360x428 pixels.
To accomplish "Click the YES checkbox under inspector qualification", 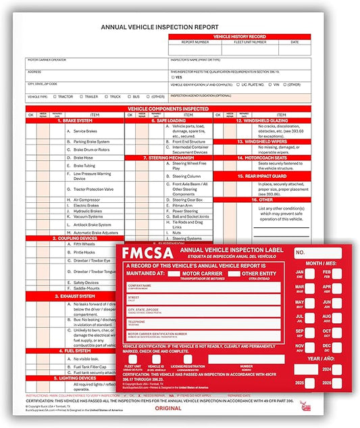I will (x=173, y=77).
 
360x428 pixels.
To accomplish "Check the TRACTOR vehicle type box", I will (x=54, y=97).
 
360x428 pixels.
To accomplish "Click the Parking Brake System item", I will (x=92, y=141).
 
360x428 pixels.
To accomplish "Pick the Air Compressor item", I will (x=88, y=199).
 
